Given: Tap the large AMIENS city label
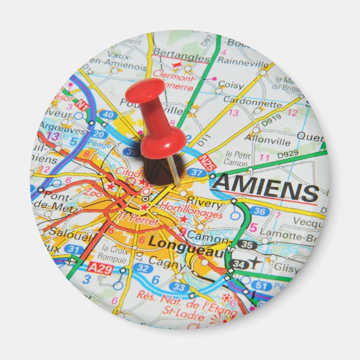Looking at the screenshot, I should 266,187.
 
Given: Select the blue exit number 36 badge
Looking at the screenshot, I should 259,211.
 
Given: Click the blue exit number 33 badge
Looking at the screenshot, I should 178,287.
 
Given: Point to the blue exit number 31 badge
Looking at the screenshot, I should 73,249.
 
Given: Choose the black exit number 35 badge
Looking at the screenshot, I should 247,244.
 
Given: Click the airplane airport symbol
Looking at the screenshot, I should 255,262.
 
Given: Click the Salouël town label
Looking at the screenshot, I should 70,231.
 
